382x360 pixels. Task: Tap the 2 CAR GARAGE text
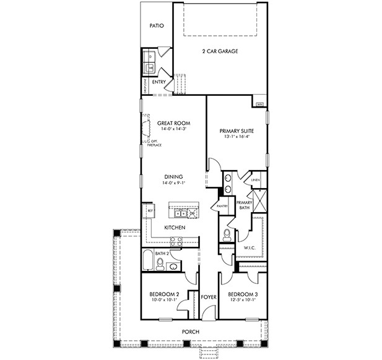220,51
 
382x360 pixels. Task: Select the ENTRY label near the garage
159,82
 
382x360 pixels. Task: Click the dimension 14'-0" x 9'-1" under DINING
173,183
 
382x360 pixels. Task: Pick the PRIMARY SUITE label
238,131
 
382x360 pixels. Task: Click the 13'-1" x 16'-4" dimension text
238,137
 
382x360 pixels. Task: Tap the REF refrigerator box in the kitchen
149,211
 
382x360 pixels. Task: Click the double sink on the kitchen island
180,213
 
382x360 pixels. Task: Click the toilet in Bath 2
160,265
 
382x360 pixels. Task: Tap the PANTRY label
222,206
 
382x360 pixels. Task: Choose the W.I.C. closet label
250,248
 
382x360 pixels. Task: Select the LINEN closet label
255,181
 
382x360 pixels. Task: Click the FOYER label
209,297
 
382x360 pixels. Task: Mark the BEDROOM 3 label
242,294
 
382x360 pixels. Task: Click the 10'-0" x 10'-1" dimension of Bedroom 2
165,300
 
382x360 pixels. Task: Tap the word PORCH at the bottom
190,332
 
